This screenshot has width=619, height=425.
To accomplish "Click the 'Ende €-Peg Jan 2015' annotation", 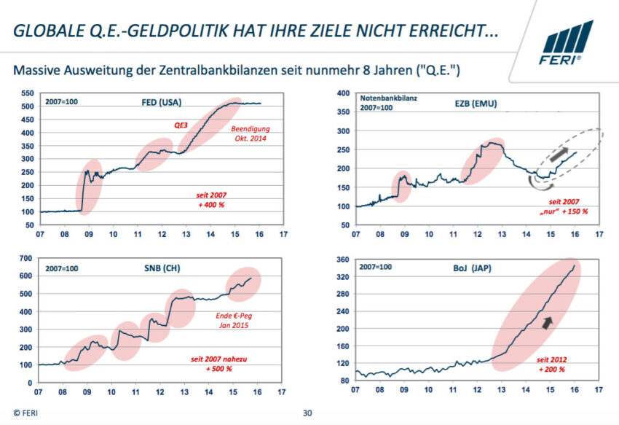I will pos(233,320).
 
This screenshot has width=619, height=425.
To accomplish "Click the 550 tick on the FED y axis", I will pos(26,93).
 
